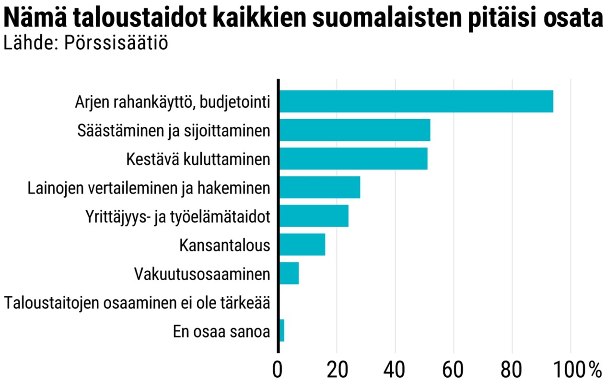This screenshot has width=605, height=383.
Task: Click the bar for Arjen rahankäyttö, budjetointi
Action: tap(416, 101)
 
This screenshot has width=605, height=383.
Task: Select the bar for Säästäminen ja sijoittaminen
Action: tap(354, 130)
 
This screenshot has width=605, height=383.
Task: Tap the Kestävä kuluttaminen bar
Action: tap(353, 158)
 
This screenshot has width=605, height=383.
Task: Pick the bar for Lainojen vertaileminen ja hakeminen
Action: tap(319, 187)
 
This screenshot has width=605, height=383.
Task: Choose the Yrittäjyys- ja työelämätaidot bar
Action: tap(314, 216)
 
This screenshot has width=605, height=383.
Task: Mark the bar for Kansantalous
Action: tap(302, 245)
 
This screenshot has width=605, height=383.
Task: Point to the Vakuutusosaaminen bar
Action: tap(289, 273)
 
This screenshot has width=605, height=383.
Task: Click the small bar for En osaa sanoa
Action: tap(281, 331)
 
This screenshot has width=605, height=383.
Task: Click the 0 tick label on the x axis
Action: tap(279, 370)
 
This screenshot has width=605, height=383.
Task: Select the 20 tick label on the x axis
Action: tap(337, 370)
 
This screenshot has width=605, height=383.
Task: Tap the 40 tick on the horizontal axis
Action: tap(395, 370)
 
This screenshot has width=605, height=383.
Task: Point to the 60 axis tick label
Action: tap(454, 370)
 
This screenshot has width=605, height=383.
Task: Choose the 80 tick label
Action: tap(512, 370)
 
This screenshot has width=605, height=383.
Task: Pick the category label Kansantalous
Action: tap(224, 245)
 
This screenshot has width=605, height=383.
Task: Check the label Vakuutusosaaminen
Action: tap(202, 274)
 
